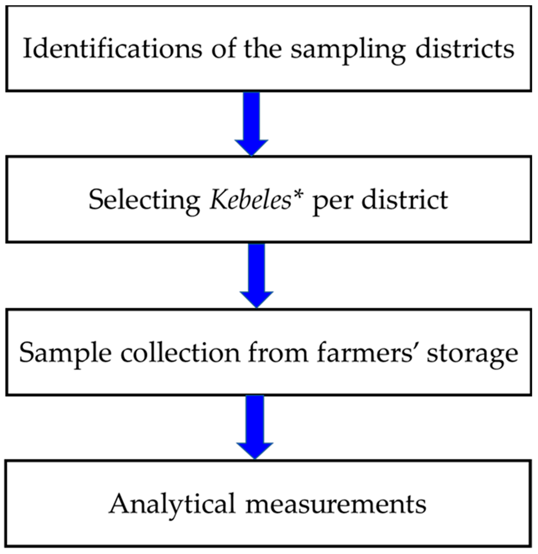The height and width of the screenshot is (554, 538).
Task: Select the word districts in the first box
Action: coord(465,49)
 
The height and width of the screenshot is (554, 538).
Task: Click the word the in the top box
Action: coord(263,49)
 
